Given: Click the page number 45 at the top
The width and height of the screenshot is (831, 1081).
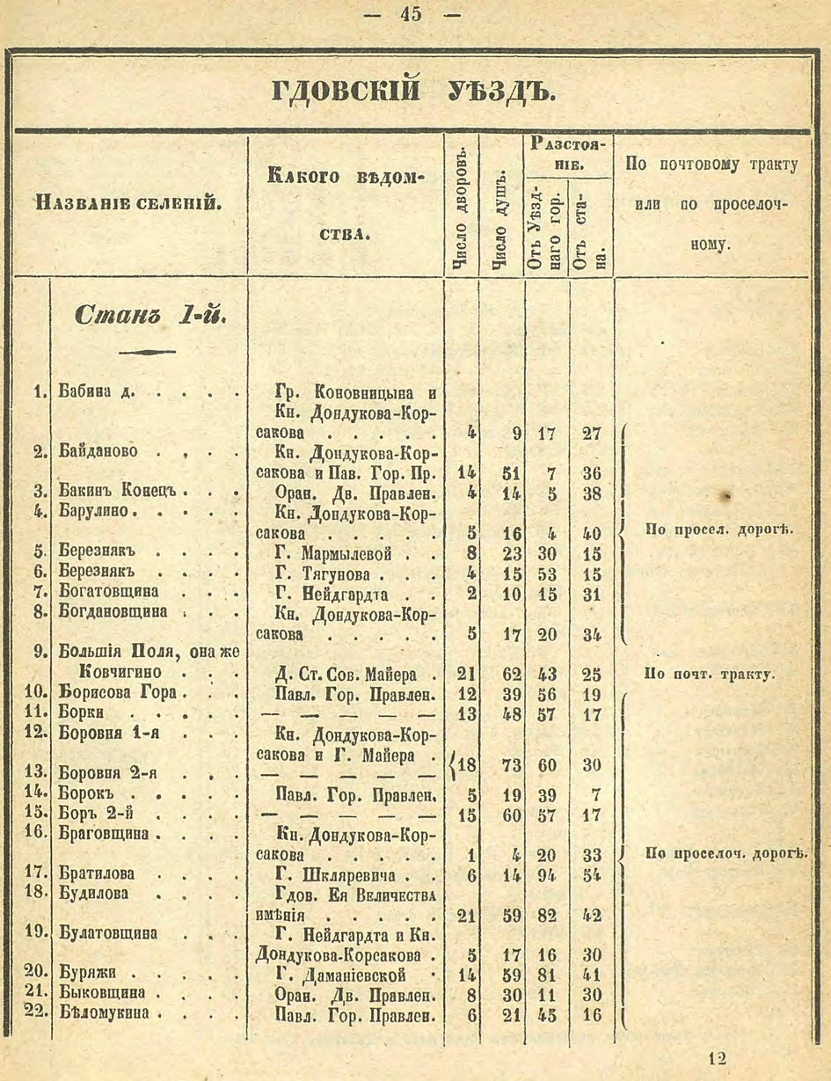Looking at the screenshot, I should pos(410,15).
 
